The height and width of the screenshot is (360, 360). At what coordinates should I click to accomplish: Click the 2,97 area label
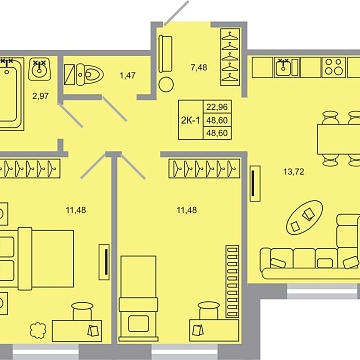tap(40, 96)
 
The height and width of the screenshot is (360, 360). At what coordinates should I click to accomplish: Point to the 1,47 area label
tap(128, 74)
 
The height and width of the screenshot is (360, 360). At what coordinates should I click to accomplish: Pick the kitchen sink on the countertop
tap(284, 68)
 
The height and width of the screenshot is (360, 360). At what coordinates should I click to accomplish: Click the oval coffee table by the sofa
tap(306, 214)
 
